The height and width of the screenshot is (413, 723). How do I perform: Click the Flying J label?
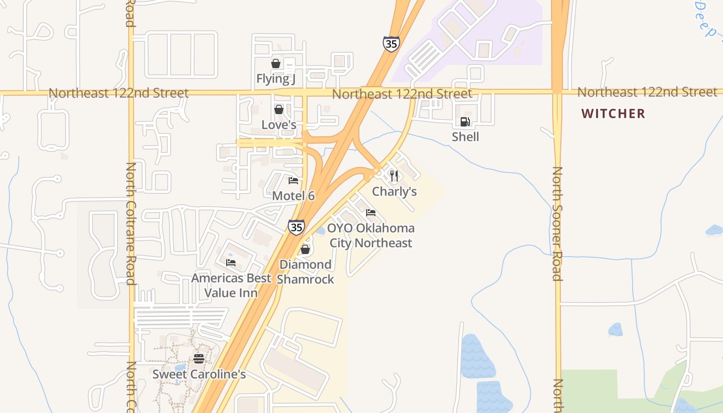tap(276, 78)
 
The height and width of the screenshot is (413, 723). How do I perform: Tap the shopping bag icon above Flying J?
tap(276, 63)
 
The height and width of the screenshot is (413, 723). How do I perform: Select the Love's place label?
tap(279, 125)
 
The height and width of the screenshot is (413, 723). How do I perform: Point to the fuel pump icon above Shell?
tap(465, 122)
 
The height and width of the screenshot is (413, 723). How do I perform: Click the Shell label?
tap(465, 137)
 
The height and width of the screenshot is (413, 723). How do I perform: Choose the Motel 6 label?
tap(293, 196)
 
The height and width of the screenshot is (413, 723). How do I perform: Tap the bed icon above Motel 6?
tap(293, 181)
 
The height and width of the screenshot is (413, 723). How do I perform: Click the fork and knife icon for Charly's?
tap(394, 176)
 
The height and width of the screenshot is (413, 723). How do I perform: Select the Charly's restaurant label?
tap(395, 192)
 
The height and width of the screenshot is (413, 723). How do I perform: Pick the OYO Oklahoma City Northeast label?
tap(371, 235)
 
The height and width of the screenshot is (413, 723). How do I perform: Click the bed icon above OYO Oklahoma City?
tap(370, 213)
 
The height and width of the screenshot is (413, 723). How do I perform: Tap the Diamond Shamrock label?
tap(305, 272)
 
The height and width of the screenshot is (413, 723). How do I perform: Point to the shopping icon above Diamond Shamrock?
tap(305, 250)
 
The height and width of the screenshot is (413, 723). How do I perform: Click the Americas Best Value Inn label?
tap(231, 285)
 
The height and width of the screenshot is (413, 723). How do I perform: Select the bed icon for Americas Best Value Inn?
tap(231, 263)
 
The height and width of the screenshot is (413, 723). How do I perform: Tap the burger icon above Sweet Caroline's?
tap(199, 359)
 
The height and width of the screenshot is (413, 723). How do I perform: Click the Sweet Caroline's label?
tap(199, 374)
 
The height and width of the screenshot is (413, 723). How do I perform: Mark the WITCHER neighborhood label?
tap(613, 114)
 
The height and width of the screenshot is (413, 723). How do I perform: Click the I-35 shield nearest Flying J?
tap(391, 44)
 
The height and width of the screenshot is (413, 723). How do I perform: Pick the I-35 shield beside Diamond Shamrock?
tap(296, 227)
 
